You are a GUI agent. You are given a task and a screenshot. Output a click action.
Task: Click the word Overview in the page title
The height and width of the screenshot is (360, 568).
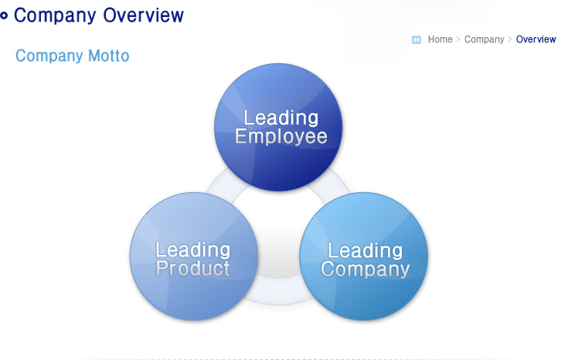pyautogui.click(x=144, y=15)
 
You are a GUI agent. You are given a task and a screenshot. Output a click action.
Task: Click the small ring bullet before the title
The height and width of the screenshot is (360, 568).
pyautogui.click(x=4, y=15)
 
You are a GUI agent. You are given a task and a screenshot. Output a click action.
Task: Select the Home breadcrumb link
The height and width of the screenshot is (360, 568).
pyautogui.click(x=440, y=39)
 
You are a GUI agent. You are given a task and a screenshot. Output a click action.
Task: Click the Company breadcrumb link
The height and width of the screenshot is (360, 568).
pyautogui.click(x=485, y=39)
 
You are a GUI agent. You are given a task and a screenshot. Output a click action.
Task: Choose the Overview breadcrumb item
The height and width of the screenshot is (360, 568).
pyautogui.click(x=536, y=39)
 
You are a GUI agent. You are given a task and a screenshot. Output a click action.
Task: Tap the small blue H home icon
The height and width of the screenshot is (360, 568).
pyautogui.click(x=417, y=39)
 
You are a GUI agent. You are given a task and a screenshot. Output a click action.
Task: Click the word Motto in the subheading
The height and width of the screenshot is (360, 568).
pyautogui.click(x=109, y=56)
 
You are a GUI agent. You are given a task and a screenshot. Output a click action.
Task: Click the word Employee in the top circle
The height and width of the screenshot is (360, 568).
pyautogui.click(x=281, y=137)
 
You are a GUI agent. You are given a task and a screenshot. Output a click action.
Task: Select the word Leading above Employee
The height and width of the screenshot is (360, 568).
pyautogui.click(x=281, y=118)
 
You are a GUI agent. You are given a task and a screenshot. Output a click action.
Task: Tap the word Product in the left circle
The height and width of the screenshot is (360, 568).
pyautogui.click(x=192, y=269)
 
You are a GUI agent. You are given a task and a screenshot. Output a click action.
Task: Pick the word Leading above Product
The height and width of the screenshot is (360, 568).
pyautogui.click(x=193, y=250)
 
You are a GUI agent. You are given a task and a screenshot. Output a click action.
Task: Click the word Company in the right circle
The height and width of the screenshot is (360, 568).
pyautogui.click(x=365, y=270)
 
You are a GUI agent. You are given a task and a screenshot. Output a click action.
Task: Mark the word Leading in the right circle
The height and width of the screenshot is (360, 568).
pyautogui.click(x=365, y=250)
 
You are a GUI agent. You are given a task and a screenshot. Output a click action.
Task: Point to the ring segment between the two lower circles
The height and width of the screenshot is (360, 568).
pyautogui.click(x=278, y=291)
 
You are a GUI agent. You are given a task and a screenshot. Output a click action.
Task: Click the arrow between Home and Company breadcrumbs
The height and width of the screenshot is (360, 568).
pyautogui.click(x=458, y=39)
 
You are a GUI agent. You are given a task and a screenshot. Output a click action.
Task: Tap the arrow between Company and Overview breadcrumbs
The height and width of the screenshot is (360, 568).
pyautogui.click(x=510, y=39)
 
